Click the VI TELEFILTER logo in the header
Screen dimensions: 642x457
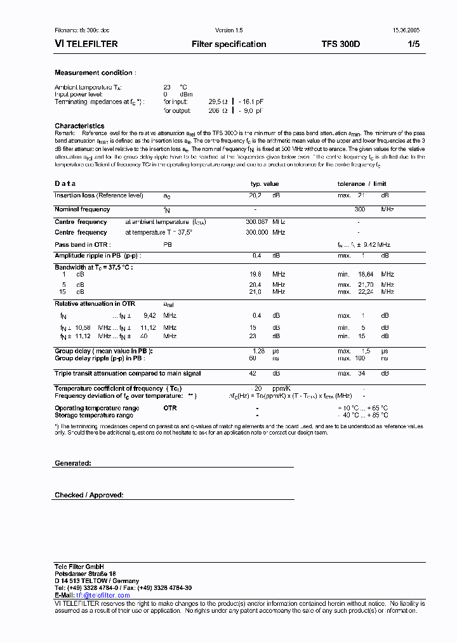pos(86,44)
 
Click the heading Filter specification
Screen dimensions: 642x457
pos(228,44)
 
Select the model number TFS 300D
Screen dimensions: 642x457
pos(340,44)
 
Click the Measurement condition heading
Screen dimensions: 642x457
pos(94,73)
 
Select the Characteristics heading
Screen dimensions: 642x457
pos(79,126)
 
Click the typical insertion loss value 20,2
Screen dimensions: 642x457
pos(255,196)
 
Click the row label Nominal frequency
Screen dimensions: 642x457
pos(83,209)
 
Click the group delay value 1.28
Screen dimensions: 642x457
pos(258,351)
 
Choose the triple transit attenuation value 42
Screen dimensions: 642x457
pos(252,374)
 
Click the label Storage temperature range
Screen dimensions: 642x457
pos(94,416)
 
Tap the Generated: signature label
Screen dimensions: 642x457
pos(73,464)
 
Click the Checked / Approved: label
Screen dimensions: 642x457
pos(89,495)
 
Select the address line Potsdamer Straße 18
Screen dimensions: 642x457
pos(85,573)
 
